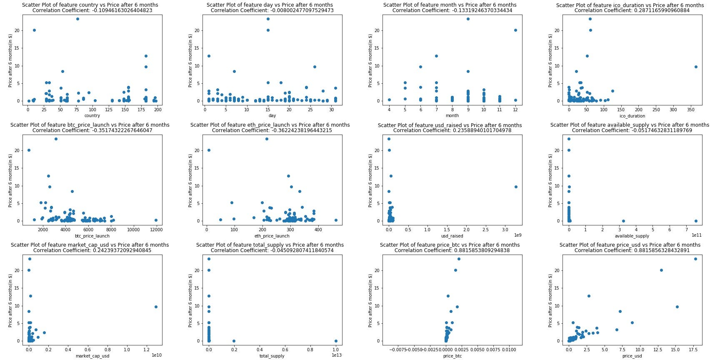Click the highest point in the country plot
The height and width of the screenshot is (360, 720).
pyautogui.click(x=77, y=19)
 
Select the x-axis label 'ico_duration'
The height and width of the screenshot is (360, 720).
pyautogui.click(x=632, y=116)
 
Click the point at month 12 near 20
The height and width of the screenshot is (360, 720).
pyautogui.click(x=515, y=30)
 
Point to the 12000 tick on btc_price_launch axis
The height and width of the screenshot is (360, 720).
pyautogui.click(x=156, y=230)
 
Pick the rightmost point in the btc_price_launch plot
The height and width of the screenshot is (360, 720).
pyautogui.click(x=156, y=220)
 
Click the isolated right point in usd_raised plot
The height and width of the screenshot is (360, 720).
pyautogui.click(x=516, y=187)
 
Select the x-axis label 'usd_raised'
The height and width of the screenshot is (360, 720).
pyautogui.click(x=452, y=236)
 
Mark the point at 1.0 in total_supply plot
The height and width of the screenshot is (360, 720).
pyautogui.click(x=336, y=341)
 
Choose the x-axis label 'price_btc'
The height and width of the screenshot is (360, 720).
pyautogui.click(x=452, y=356)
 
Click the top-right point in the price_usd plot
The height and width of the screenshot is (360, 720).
pyautogui.click(x=695, y=259)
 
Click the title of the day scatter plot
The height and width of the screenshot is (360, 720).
pyautogui.click(x=270, y=5)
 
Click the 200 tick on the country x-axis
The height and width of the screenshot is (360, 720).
pyautogui.click(x=157, y=110)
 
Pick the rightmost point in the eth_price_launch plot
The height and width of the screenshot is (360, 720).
pyautogui.click(x=336, y=220)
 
